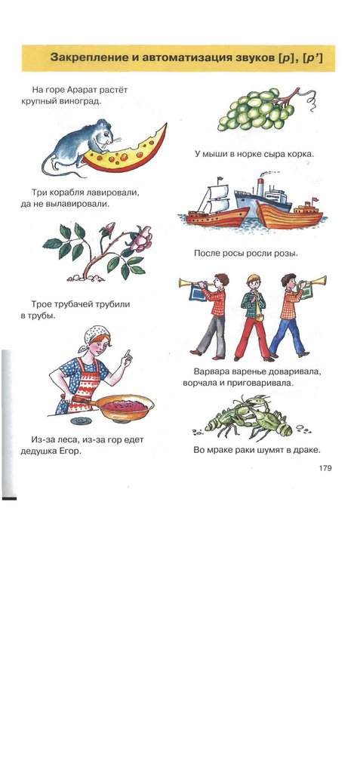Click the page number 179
click(x=325, y=468)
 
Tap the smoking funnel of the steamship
click(x=260, y=186)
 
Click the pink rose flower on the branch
click(x=141, y=239)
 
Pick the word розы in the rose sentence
click(x=288, y=254)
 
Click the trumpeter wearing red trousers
click(x=254, y=316)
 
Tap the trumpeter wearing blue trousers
click(x=291, y=315)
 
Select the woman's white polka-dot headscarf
click(x=94, y=335)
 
